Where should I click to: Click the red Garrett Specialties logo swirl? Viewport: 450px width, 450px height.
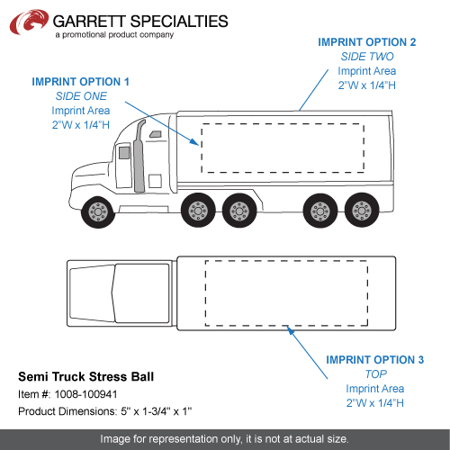pyautogui.click(x=29, y=22)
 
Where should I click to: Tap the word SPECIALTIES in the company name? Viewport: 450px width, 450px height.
pyautogui.click(x=179, y=22)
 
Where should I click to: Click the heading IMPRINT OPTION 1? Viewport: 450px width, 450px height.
pyautogui.click(x=80, y=82)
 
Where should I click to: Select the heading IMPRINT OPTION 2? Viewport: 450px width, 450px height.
pyautogui.click(x=367, y=42)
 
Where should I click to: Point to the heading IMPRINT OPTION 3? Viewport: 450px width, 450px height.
pyautogui.click(x=375, y=359)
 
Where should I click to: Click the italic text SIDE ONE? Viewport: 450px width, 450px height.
pyautogui.click(x=81, y=96)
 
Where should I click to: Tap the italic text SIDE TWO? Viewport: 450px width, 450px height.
pyautogui.click(x=367, y=57)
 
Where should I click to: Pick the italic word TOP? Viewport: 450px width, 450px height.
pyautogui.click(x=376, y=373)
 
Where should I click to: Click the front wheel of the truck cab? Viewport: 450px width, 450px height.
pyautogui.click(x=98, y=211)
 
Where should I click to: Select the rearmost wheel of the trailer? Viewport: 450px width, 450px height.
pyautogui.click(x=362, y=211)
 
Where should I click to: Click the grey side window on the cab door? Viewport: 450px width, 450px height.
pyautogui.click(x=124, y=153)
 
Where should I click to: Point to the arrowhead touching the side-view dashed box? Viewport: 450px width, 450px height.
pyautogui.click(x=194, y=142)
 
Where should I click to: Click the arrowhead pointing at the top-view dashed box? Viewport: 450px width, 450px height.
pyautogui.click(x=290, y=330)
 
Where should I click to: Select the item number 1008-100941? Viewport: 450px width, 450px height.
pyautogui.click(x=85, y=394)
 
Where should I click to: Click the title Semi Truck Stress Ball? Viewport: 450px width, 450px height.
pyautogui.click(x=85, y=376)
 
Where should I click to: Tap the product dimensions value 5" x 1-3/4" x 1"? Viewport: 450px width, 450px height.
pyautogui.click(x=157, y=411)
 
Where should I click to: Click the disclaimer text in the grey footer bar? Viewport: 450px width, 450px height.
pyautogui.click(x=224, y=439)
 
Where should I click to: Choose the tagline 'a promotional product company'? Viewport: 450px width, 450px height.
pyautogui.click(x=114, y=35)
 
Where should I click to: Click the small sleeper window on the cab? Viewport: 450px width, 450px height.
pyautogui.click(x=156, y=134)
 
